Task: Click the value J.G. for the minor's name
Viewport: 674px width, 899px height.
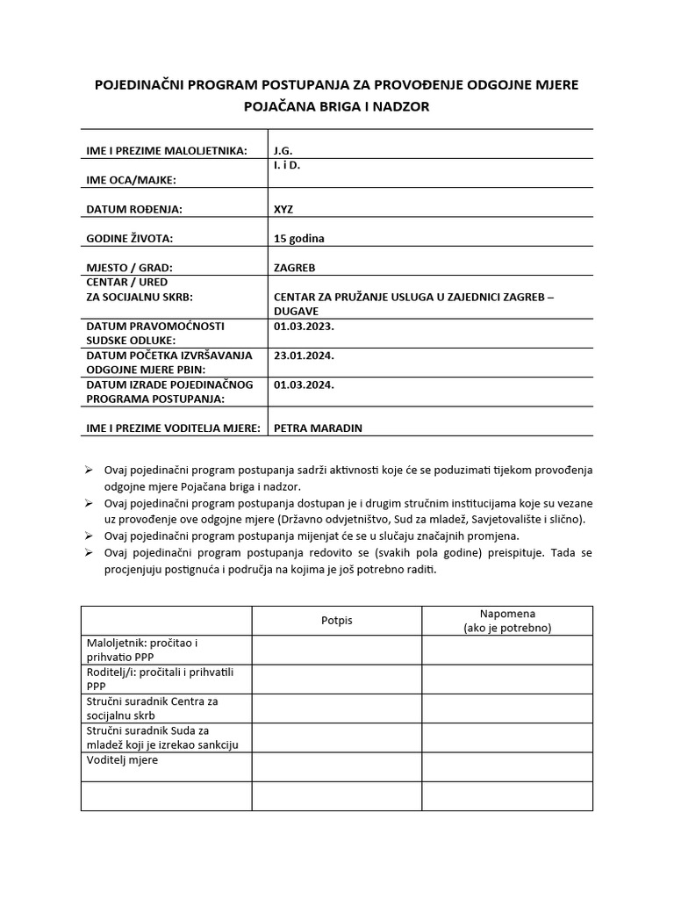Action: (283, 151)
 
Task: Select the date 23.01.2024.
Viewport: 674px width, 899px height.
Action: (304, 356)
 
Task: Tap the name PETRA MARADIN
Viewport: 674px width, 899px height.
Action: (318, 428)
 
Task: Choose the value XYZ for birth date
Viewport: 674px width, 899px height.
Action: (283, 210)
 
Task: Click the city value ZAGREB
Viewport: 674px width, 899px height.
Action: (295, 268)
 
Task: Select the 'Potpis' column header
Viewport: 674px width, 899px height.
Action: (336, 620)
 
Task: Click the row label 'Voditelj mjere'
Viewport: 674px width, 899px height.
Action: (123, 759)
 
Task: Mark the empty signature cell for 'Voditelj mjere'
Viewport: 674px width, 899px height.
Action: (336, 766)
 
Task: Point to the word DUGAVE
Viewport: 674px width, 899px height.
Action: (296, 311)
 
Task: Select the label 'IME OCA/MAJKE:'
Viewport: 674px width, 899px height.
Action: (131, 180)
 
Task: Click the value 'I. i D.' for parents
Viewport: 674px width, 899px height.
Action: (287, 165)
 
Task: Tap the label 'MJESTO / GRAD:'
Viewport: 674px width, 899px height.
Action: (130, 268)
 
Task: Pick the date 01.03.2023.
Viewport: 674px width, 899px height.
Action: (304, 326)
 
